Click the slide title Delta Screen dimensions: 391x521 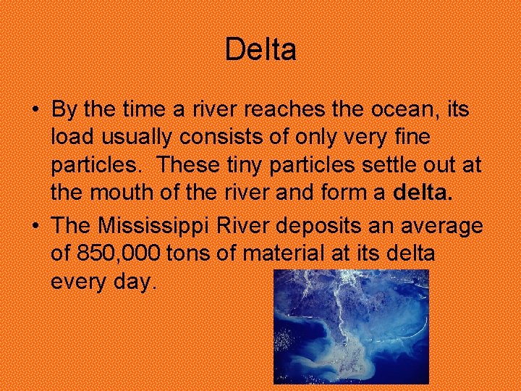click(260, 50)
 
